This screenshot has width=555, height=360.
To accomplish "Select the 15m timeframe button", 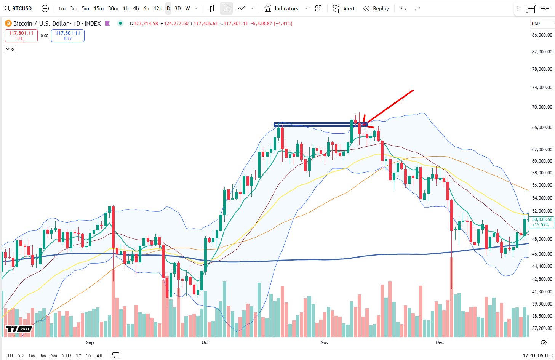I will click(x=99, y=8).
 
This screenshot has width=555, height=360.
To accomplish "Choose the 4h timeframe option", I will click(x=136, y=8).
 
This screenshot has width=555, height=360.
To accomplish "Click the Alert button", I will click(x=344, y=8).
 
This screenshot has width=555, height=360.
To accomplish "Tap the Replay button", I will click(x=376, y=8).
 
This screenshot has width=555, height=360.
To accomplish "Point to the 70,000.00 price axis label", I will click(x=542, y=107).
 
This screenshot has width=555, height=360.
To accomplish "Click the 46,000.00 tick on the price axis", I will click(x=542, y=254).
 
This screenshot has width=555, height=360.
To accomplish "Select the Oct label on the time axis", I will click(x=205, y=342).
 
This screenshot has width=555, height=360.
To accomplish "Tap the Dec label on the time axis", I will click(x=440, y=342).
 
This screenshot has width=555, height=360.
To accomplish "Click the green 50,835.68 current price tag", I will click(x=542, y=222).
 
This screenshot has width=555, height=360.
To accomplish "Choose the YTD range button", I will click(x=66, y=355).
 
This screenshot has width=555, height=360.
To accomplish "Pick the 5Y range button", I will click(x=89, y=355).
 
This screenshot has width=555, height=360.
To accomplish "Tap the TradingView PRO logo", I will click(x=19, y=329).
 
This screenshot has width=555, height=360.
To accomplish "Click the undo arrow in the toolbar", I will click(x=403, y=8).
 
